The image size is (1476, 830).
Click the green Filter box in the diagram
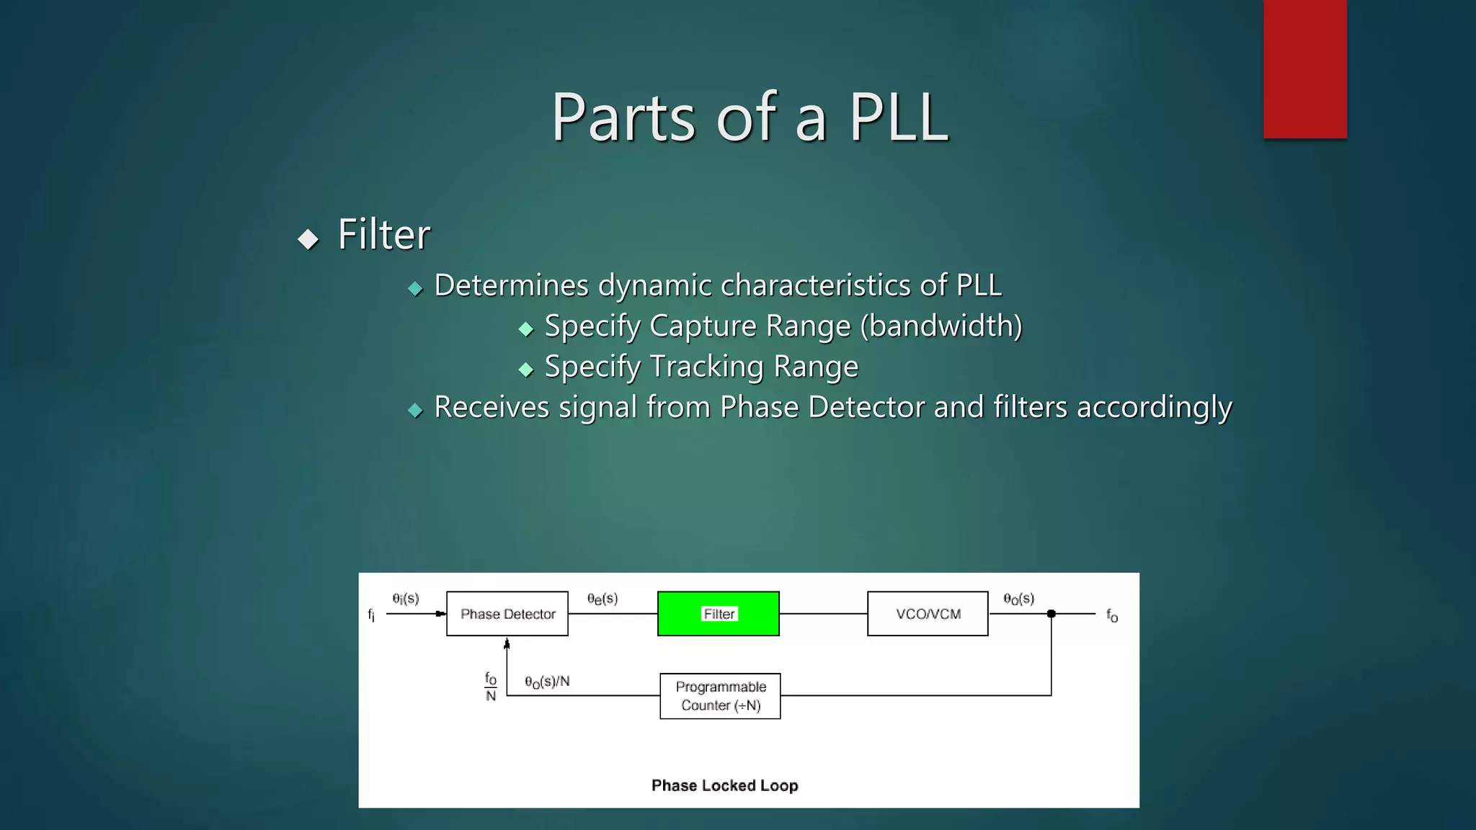[x=718, y=614]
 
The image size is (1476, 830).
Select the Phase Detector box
[x=507, y=614]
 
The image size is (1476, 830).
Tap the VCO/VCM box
[x=928, y=614]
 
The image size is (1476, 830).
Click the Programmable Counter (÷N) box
[x=720, y=696]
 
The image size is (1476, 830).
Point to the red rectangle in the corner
[x=1304, y=68]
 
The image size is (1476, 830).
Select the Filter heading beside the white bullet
[x=383, y=235]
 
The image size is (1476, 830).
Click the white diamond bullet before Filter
[x=308, y=239]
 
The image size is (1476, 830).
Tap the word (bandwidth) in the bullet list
[x=941, y=326]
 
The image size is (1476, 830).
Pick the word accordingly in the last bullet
[x=1154, y=408]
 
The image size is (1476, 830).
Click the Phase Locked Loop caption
[x=724, y=785]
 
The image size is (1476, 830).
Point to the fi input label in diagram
[x=371, y=615]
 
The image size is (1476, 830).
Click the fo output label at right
[x=1112, y=616]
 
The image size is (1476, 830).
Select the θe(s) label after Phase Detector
[x=603, y=599]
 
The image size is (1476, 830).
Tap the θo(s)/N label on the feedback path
[x=547, y=682]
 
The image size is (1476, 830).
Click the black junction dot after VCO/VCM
[x=1052, y=614]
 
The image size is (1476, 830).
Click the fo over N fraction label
[x=491, y=687]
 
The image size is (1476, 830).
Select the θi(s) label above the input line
[x=406, y=599]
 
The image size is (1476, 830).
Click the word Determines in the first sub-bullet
[x=511, y=286]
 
